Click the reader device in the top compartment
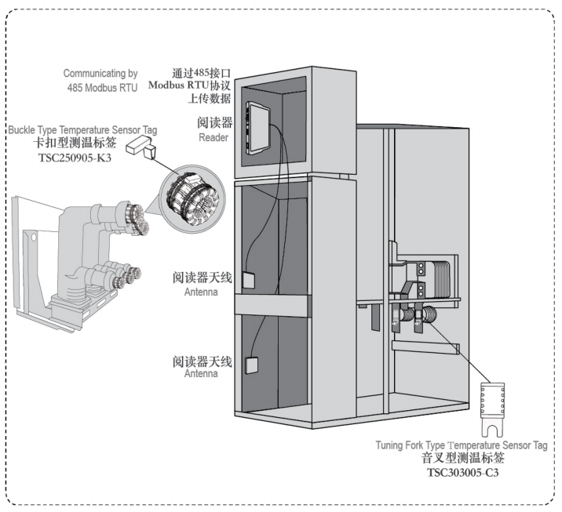point(257,125)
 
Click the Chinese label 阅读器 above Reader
point(214,123)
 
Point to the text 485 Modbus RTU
point(101,87)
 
